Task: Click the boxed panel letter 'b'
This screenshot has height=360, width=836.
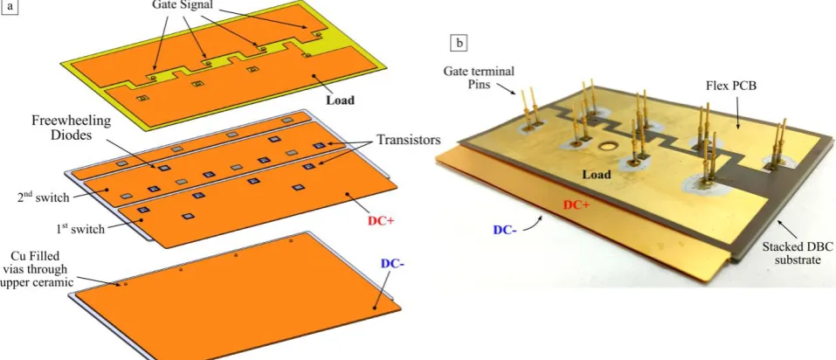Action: [459, 43]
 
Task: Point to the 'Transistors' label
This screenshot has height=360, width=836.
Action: [409, 140]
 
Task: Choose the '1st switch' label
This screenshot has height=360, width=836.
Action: [80, 229]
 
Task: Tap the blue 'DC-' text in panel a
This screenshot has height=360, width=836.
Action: [392, 263]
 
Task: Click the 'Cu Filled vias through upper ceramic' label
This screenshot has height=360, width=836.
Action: [38, 270]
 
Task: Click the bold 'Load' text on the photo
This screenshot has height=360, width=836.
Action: [596, 175]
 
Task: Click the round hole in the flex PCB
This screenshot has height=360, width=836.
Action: [606, 146]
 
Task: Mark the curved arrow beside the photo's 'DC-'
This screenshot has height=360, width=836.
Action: [534, 224]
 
